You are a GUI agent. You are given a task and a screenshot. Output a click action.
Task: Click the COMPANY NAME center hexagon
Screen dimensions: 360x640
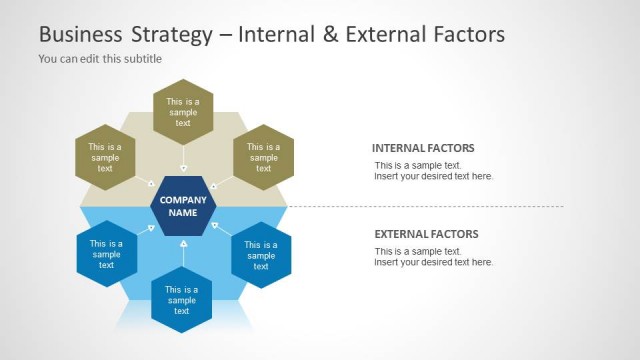183,206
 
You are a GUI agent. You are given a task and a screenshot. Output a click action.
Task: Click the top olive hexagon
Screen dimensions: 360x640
183,111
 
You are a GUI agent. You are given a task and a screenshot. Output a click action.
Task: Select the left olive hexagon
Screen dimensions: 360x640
105,157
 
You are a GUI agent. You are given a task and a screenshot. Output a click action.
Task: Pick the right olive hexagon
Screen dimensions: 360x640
263,157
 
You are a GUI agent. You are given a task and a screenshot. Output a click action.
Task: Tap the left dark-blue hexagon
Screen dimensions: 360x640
106,254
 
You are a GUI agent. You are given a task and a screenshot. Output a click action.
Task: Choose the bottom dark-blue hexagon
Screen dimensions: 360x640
182,300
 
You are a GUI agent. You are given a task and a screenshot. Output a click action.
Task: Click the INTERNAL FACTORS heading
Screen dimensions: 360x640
423,148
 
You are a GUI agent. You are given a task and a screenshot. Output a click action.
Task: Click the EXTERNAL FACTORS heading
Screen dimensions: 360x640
426,234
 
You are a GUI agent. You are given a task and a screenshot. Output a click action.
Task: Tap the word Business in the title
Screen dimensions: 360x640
76,35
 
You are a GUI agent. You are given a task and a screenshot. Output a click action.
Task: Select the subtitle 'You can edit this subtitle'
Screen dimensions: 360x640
100,59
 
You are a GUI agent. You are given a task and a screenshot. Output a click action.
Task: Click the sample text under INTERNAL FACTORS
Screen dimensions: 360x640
433,171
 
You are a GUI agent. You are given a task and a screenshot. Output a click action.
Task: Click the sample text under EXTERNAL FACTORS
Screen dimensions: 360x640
433,257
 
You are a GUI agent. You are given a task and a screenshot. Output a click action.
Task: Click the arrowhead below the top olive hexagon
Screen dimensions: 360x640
183,169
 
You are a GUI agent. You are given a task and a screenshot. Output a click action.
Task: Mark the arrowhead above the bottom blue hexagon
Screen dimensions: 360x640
183,243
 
